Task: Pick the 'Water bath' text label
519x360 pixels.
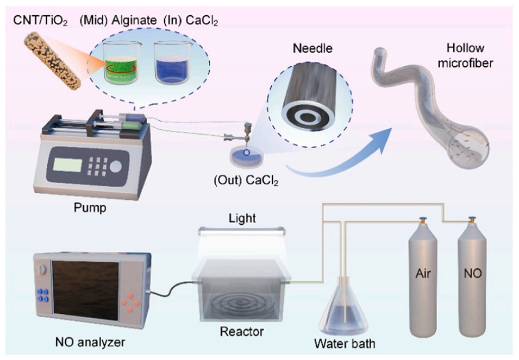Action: (x=344, y=344)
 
